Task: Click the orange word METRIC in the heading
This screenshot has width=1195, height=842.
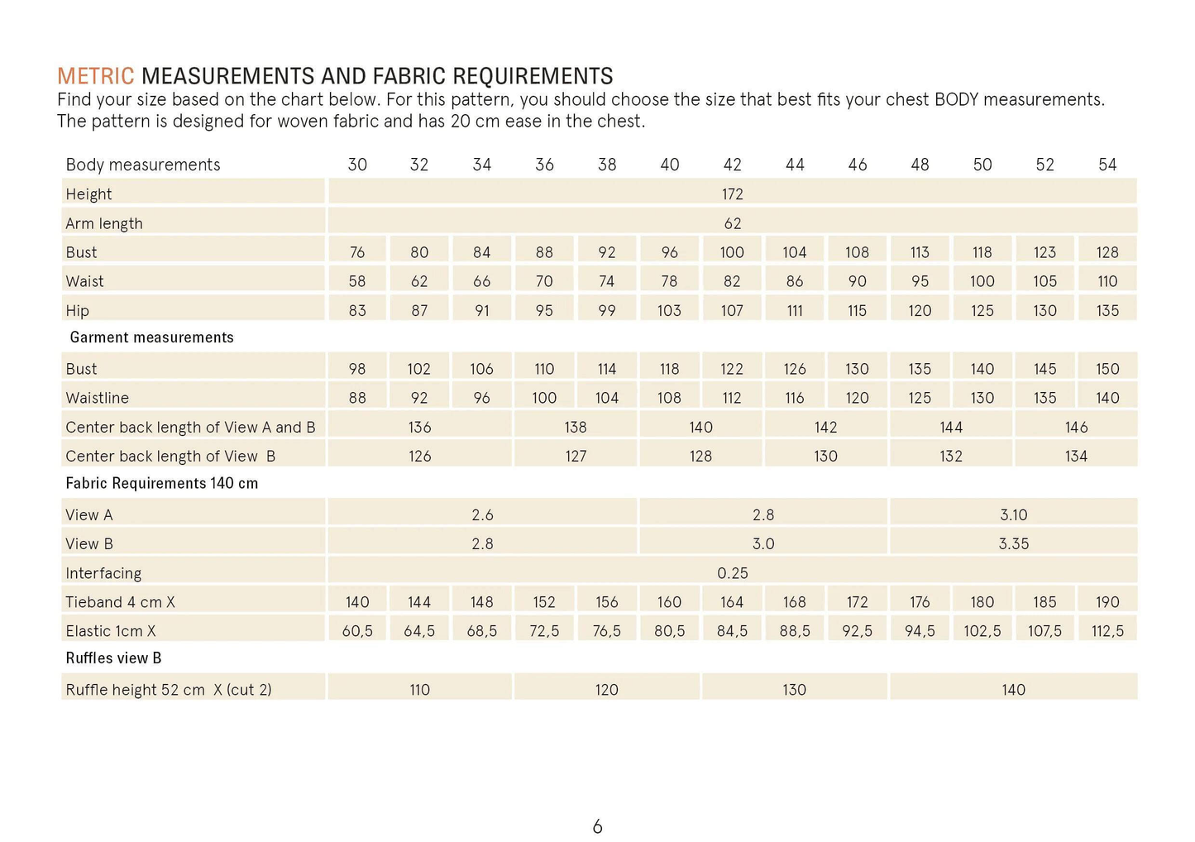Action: click(x=95, y=76)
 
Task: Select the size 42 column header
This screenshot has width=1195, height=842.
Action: click(x=732, y=165)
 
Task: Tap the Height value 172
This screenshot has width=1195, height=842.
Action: click(x=732, y=194)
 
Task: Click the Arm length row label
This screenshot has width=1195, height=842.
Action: click(x=104, y=223)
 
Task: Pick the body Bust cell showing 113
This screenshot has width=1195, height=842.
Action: click(x=920, y=252)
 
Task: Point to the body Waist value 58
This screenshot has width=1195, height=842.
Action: click(x=357, y=281)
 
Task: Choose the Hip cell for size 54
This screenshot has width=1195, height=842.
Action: click(x=1107, y=311)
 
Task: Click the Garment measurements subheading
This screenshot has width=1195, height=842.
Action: click(x=151, y=337)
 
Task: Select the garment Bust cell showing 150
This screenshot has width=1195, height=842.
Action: click(x=1107, y=369)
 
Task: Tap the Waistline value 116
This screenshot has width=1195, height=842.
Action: click(x=795, y=398)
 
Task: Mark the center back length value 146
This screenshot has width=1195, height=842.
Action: click(x=1076, y=428)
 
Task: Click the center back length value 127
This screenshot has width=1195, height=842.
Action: click(x=576, y=457)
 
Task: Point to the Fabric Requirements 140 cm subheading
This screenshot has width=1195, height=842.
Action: click(x=161, y=483)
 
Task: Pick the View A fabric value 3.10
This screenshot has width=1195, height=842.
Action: click(x=1013, y=515)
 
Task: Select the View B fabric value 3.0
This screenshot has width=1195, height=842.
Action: click(x=762, y=544)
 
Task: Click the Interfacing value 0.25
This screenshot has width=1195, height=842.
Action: click(x=732, y=573)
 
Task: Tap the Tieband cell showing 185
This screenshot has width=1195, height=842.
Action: click(x=1044, y=602)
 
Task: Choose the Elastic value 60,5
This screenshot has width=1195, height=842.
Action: click(x=357, y=631)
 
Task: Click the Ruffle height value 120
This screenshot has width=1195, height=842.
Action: click(x=606, y=690)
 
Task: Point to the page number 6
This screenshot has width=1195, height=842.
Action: click(x=597, y=826)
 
